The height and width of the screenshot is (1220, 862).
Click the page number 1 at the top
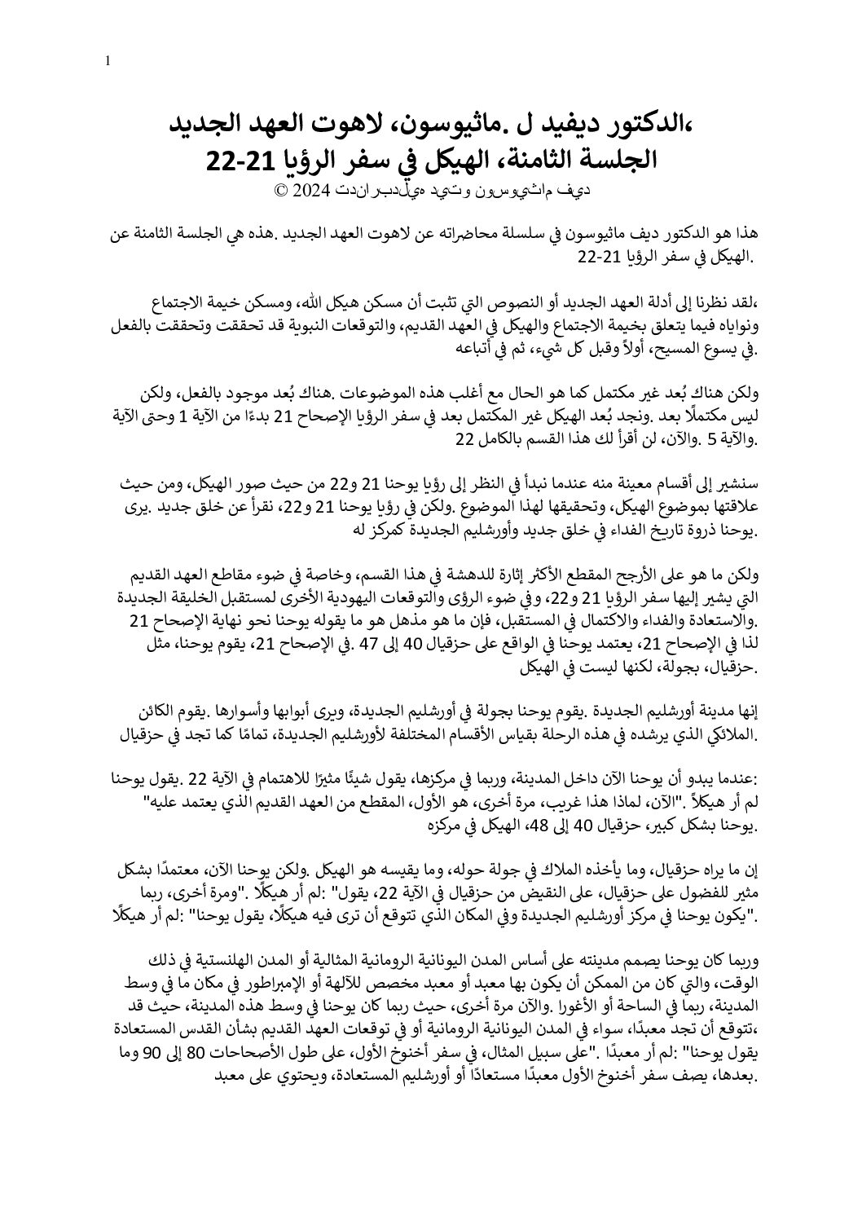108,61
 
